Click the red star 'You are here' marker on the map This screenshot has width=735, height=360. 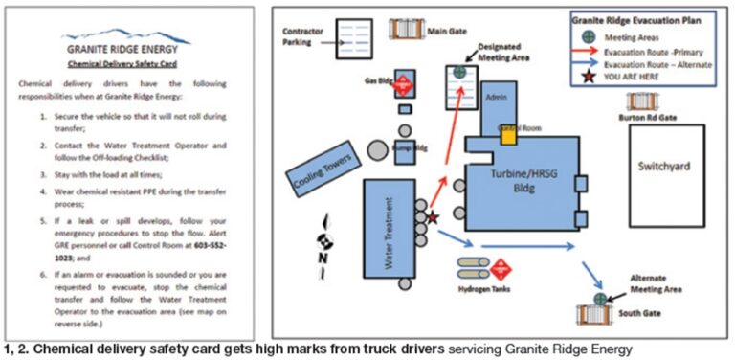[433, 218]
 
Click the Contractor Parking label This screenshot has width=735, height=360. [305, 35]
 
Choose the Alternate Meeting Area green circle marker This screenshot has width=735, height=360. [600, 299]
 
